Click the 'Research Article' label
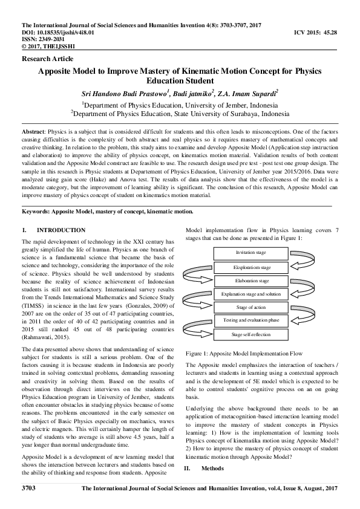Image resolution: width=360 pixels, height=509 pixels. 47,59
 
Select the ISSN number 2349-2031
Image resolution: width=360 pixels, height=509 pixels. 42,38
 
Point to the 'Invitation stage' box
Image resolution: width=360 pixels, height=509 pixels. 253,253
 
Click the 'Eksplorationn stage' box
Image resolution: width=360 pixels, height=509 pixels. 253,267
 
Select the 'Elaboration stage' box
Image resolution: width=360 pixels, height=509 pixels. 253,281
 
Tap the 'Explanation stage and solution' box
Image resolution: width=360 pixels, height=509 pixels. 253,294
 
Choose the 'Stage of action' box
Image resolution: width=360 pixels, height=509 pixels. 253,308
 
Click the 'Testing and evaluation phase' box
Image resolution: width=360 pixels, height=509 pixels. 253,320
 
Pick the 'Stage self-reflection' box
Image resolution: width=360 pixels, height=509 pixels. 253,334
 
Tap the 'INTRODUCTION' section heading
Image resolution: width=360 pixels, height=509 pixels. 61,230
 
